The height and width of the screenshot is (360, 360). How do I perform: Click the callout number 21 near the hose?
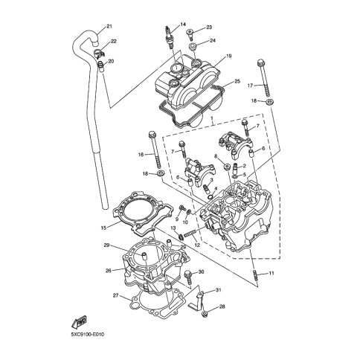[109, 26]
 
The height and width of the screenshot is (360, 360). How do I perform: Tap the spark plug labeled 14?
[169, 37]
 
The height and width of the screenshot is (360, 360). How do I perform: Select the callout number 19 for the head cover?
[228, 57]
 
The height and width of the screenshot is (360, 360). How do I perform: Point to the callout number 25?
[237, 81]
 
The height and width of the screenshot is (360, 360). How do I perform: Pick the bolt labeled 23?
[190, 35]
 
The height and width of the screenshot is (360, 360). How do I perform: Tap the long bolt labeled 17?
[263, 78]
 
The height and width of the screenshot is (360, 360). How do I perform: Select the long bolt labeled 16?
[155, 150]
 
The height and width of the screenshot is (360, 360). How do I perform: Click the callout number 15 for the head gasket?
[103, 228]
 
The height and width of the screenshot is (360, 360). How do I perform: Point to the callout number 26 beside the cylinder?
[109, 271]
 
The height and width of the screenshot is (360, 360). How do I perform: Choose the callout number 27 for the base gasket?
[116, 295]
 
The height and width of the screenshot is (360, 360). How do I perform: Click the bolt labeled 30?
[188, 277]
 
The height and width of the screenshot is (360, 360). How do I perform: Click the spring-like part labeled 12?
[191, 233]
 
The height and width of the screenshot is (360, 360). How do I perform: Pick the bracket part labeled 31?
[197, 300]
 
